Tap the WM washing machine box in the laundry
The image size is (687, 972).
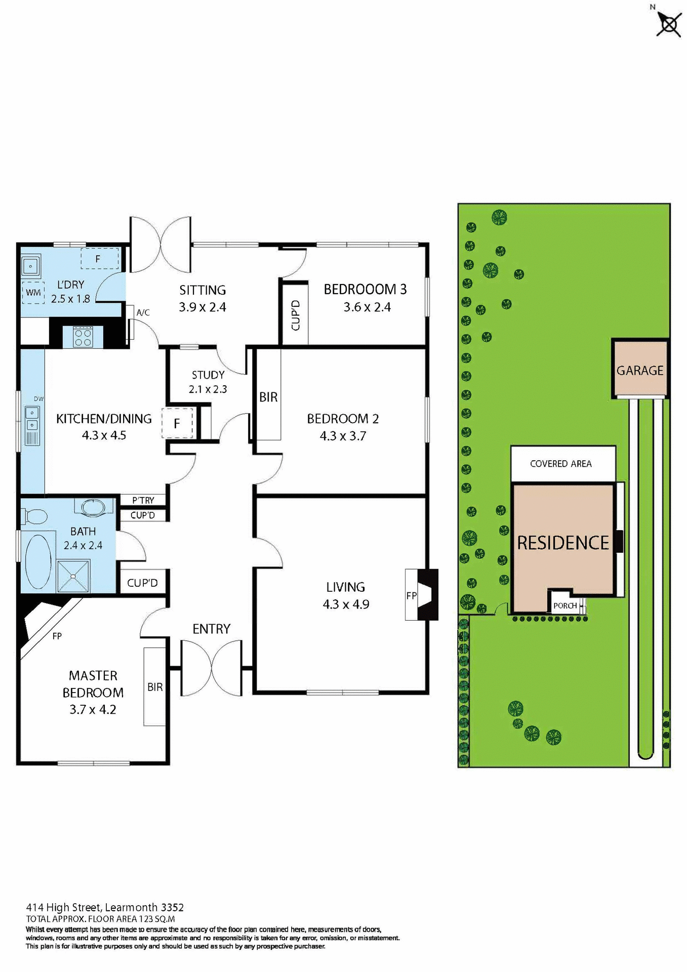[33, 293]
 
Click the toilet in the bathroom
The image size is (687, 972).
[34, 516]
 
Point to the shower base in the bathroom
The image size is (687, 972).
[73, 576]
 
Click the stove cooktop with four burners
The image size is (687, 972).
[83, 336]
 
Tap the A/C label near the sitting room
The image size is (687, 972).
[143, 312]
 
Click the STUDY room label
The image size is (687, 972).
[208, 375]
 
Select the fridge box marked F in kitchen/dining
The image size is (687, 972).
[177, 423]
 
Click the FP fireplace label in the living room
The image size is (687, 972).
[411, 596]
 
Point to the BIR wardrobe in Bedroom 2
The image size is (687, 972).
[268, 397]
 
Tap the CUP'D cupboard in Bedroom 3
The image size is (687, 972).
[296, 315]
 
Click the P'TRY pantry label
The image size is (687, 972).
[143, 500]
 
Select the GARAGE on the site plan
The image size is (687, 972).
[639, 371]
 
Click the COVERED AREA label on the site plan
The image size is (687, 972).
[560, 464]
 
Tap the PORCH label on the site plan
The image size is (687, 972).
[565, 605]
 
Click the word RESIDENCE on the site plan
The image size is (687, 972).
[563, 543]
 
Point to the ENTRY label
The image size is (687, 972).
[211, 629]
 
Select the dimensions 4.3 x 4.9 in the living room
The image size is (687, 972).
[346, 604]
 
